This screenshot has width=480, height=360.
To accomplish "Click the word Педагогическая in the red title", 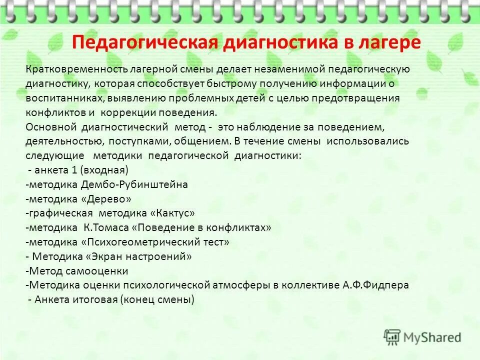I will [x=144, y=42].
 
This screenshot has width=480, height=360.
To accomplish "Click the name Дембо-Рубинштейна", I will [x=134, y=184].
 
